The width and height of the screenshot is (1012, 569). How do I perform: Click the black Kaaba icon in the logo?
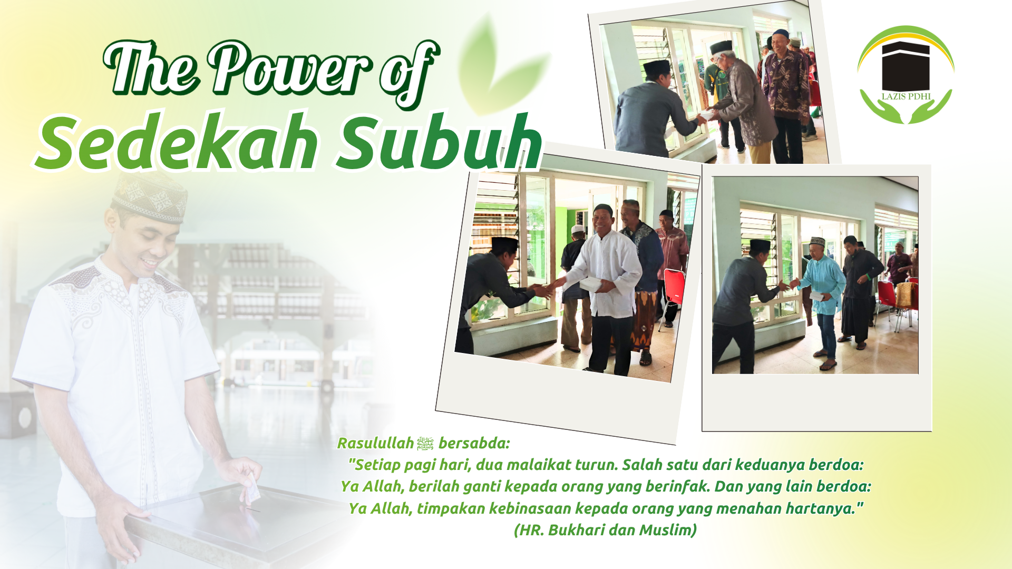click(906, 66)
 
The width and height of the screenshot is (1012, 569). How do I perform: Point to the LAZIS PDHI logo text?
click(906, 96)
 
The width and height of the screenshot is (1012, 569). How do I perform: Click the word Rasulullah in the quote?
click(375, 443)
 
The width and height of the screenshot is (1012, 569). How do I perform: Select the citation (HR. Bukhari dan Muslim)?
click(605, 530)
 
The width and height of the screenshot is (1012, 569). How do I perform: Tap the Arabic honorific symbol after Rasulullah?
click(425, 444)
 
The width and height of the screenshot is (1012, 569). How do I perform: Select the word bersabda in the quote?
click(474, 443)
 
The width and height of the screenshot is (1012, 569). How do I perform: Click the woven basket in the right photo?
click(905, 295)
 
